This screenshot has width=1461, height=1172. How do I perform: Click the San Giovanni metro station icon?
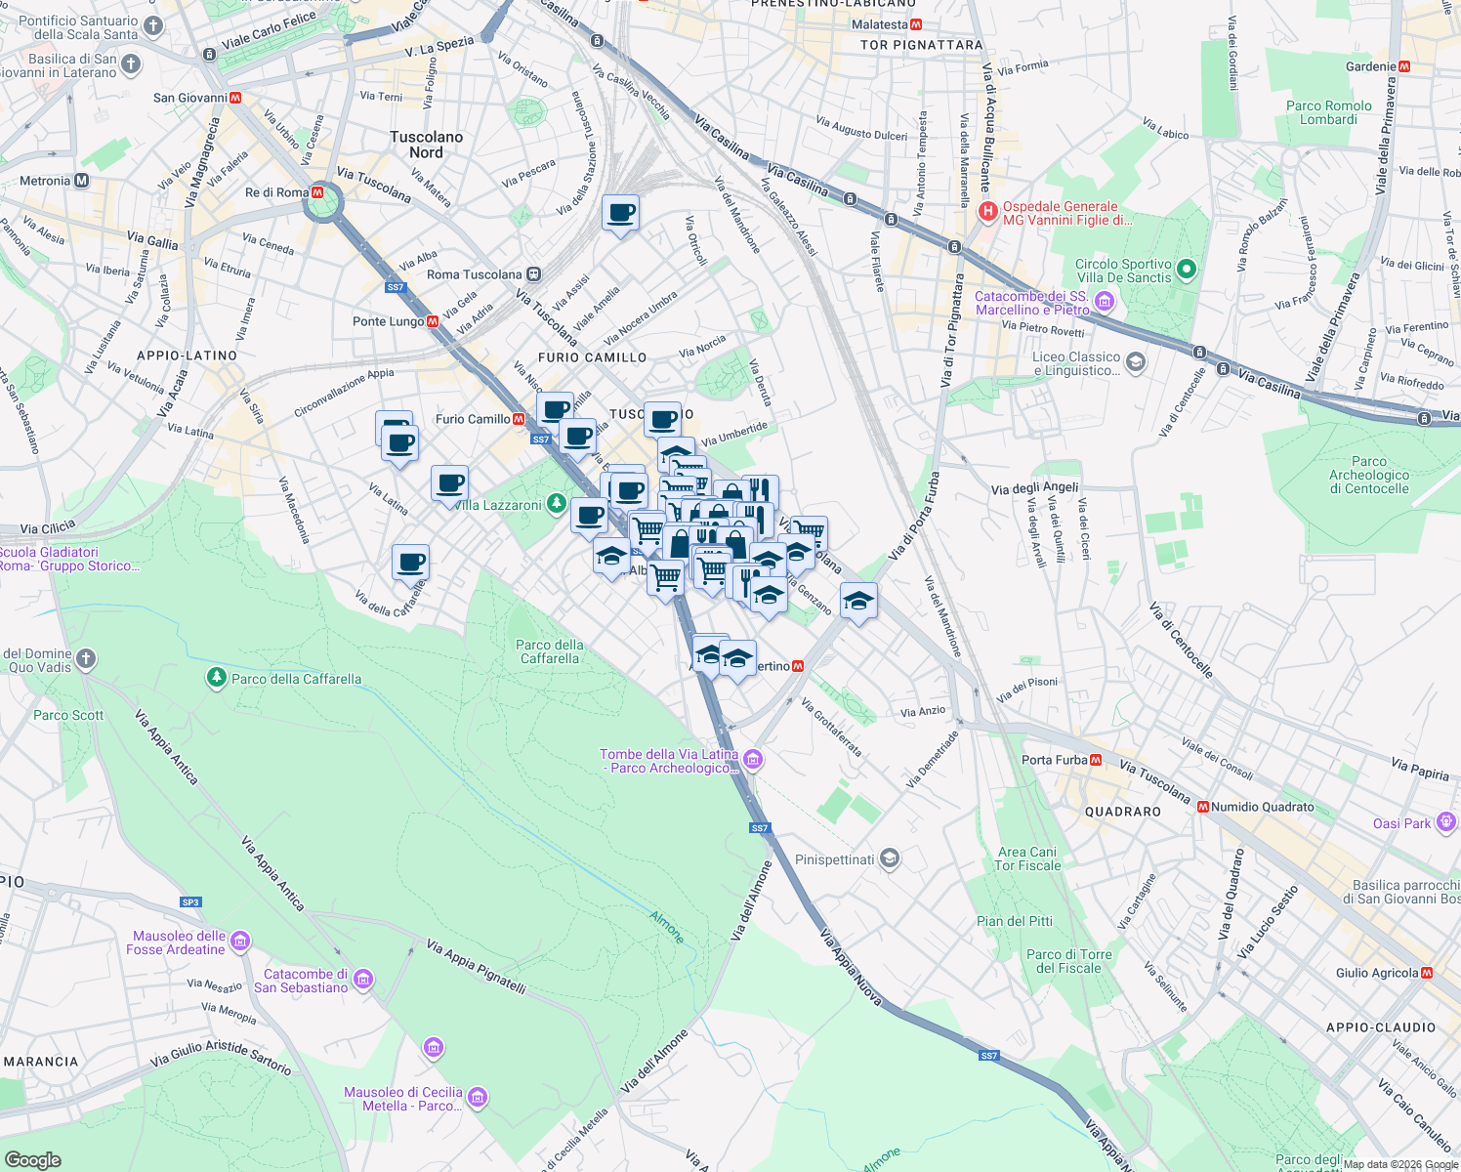tap(235, 98)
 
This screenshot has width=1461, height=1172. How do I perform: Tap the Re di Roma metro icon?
tap(317, 192)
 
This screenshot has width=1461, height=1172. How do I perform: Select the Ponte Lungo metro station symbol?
tap(433, 321)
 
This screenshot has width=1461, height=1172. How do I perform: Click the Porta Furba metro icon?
tap(1096, 760)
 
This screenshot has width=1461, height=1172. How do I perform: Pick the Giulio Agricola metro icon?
tap(1427, 973)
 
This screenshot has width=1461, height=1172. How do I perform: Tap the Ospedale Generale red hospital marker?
tap(988, 210)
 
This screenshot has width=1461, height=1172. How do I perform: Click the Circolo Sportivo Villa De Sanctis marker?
tap(1187, 270)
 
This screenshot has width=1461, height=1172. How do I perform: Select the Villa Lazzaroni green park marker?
tap(556, 504)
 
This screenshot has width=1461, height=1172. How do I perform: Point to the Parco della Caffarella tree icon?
tap(217, 678)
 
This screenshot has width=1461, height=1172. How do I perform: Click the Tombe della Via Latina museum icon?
tap(752, 759)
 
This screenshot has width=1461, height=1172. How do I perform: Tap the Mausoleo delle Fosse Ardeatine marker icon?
tap(240, 942)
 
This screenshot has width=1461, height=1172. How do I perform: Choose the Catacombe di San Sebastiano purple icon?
tap(363, 979)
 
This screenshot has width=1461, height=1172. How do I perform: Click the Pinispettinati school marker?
tap(889, 859)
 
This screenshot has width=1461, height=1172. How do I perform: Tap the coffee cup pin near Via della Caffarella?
tap(411, 563)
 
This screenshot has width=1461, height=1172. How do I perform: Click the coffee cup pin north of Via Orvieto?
tap(620, 212)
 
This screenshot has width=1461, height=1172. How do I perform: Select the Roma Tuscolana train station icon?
tap(533, 274)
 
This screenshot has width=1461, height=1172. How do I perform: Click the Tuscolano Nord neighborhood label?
tap(426, 145)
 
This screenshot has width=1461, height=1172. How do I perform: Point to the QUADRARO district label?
tap(1123, 812)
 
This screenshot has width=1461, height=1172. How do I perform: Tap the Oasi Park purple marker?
tap(1445, 823)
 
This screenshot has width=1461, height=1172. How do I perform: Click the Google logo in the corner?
tap(33, 1159)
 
